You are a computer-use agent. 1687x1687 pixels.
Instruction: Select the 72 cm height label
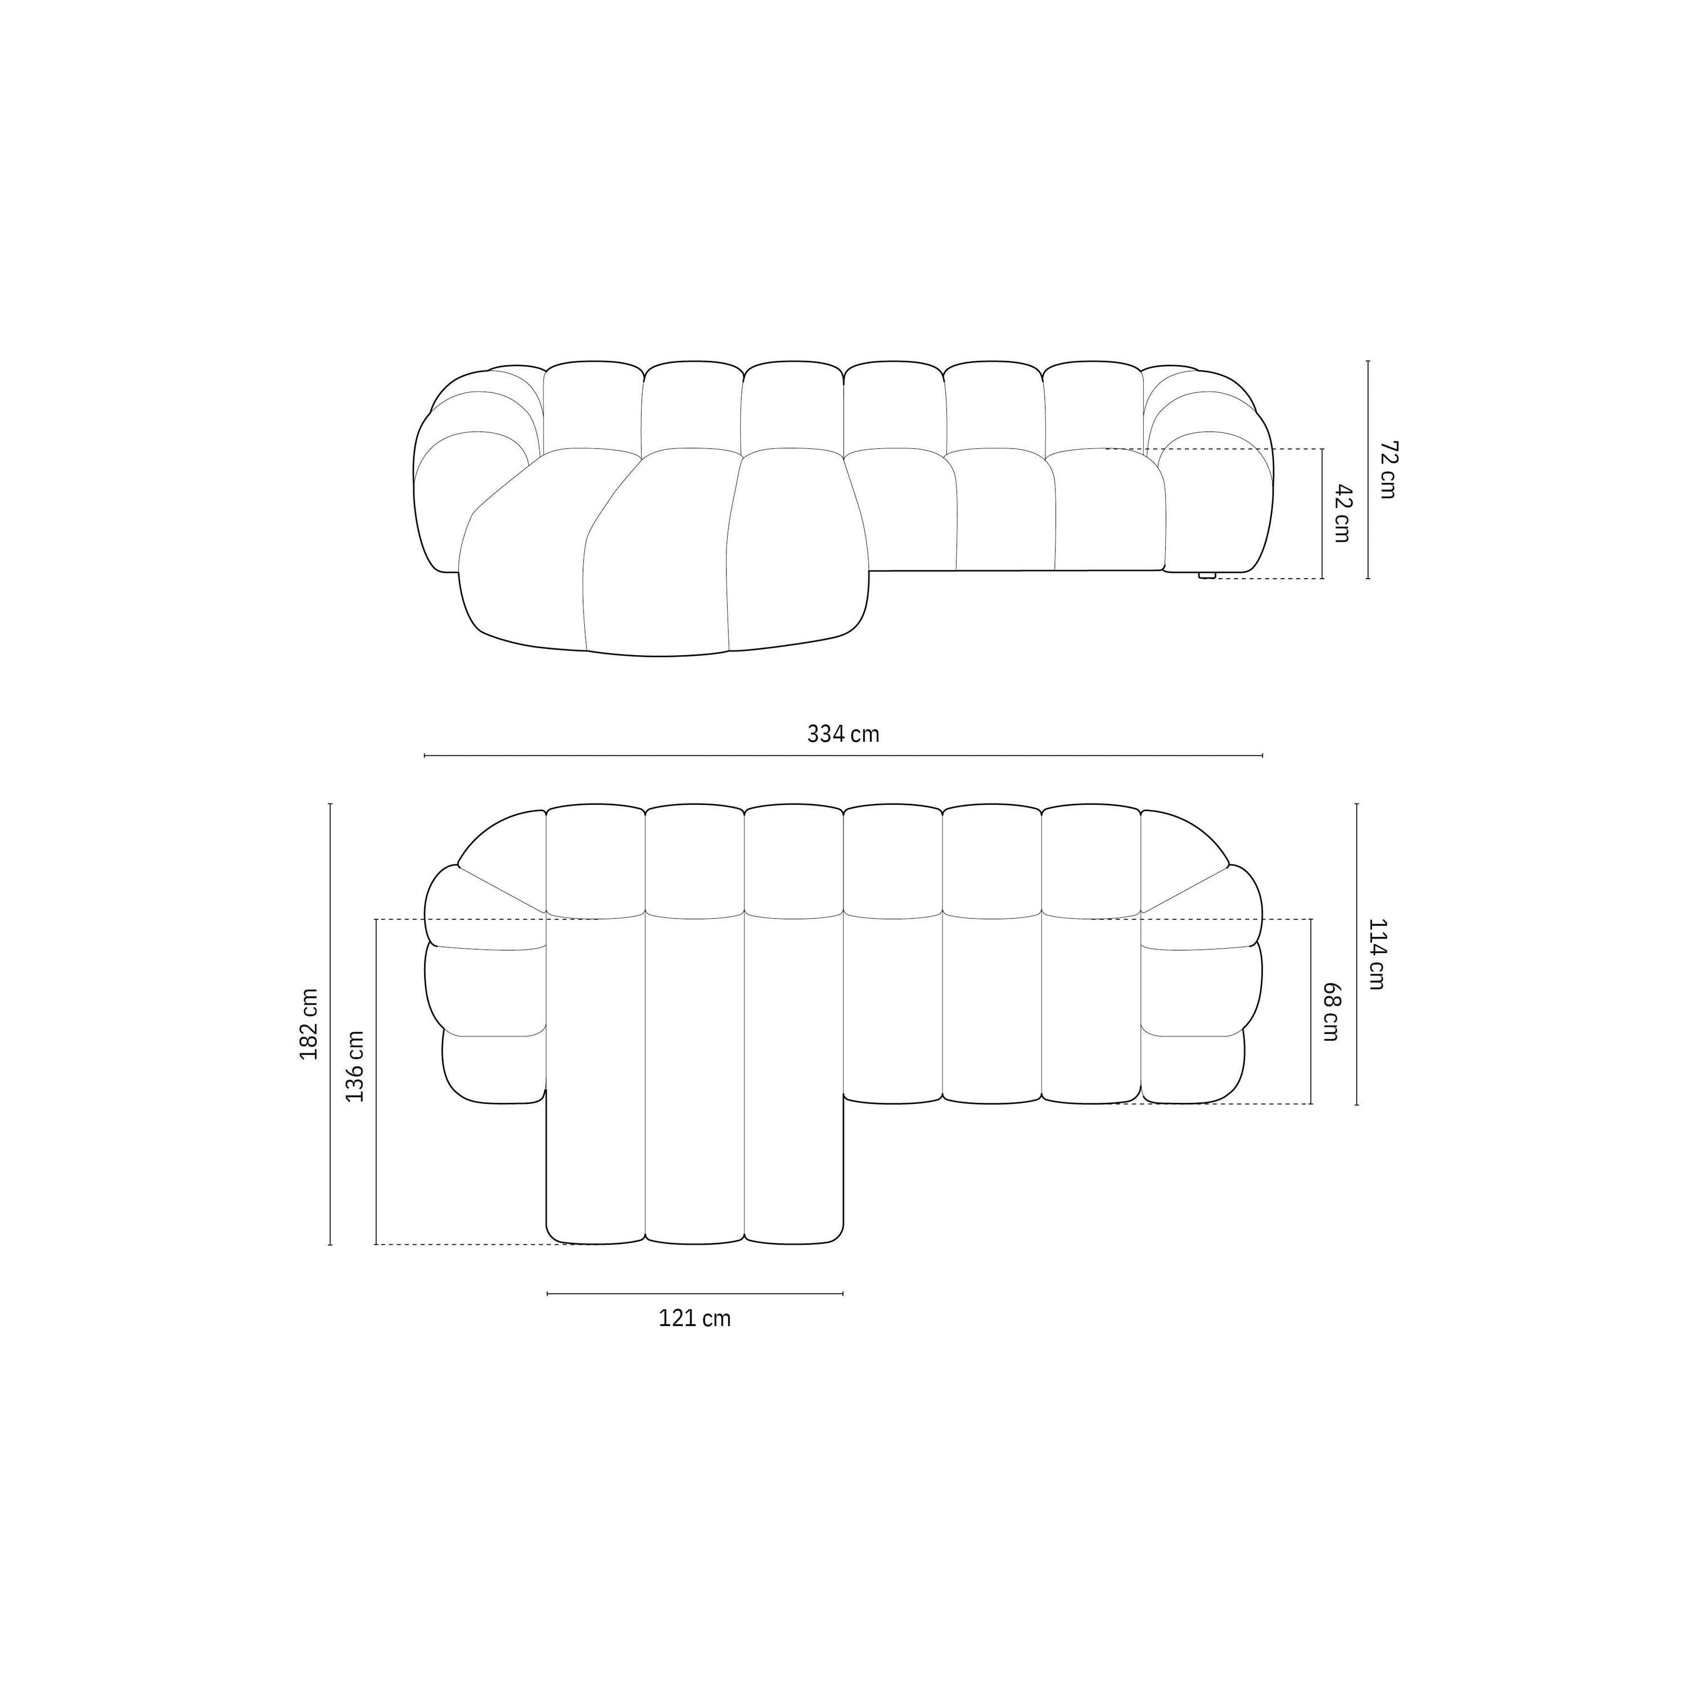point(1387,470)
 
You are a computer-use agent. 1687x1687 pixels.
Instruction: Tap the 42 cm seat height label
point(1342,513)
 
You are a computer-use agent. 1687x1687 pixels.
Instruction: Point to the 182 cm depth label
point(309,1024)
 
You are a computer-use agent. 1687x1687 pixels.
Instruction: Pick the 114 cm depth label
point(1376,954)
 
